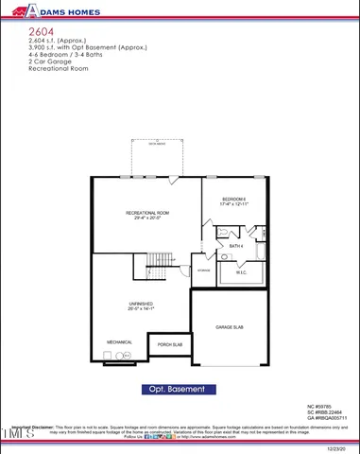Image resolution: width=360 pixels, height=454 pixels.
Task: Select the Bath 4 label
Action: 236,246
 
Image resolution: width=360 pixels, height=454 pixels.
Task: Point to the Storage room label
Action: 202,271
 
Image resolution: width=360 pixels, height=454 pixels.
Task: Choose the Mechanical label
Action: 119,341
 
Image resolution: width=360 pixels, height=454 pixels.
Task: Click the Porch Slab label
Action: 170,345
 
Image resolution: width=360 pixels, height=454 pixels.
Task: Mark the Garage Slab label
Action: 230,326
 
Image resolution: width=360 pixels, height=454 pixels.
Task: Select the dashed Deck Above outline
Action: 151,159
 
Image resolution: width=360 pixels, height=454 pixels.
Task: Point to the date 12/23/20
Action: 337,448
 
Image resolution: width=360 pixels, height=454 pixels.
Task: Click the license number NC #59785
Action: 318,406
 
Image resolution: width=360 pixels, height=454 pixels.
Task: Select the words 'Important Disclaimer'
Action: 32,427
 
